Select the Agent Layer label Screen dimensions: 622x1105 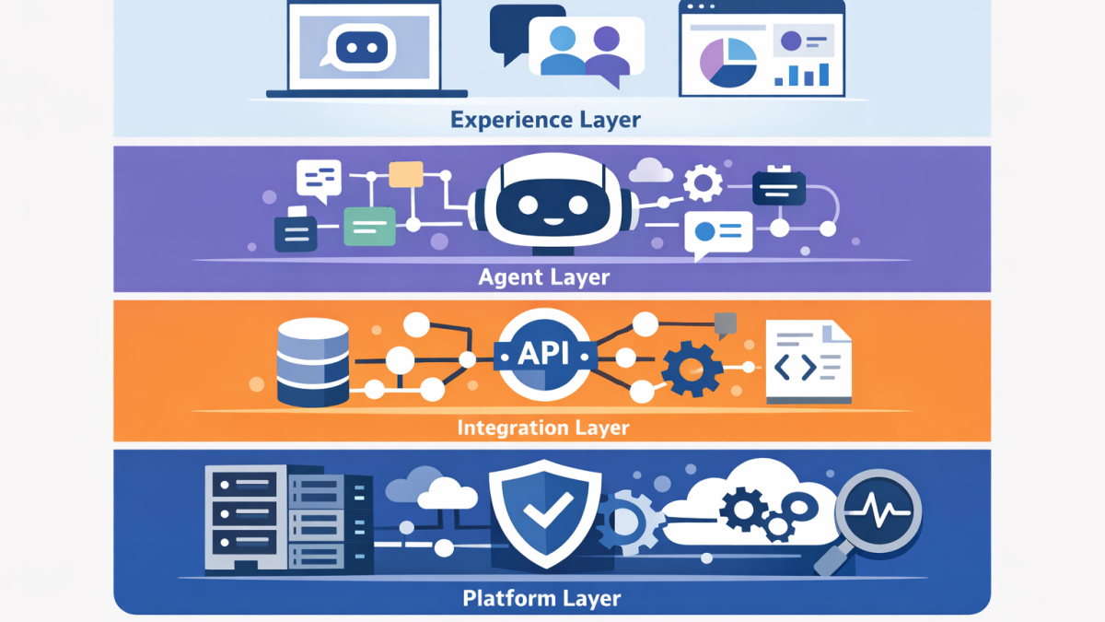point(543,276)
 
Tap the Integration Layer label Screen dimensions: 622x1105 point(543,427)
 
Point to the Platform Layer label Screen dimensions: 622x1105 point(541,598)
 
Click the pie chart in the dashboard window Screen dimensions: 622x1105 point(727,60)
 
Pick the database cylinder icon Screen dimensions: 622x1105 point(313,362)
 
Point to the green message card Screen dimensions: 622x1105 point(368,226)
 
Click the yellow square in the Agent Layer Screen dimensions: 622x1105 point(406,174)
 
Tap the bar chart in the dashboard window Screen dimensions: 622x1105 point(803,74)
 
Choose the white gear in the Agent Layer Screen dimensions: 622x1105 point(704,182)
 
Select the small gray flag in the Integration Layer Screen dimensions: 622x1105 point(726,323)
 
